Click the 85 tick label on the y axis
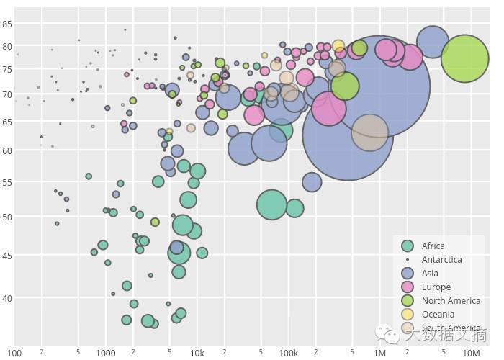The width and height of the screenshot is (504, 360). tap(7, 24)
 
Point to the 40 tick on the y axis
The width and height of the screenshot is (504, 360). tap(7, 298)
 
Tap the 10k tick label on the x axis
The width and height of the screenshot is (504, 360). tap(197, 353)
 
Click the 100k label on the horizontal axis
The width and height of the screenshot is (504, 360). tap(288, 353)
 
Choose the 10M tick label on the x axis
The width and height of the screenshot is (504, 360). tap(471, 353)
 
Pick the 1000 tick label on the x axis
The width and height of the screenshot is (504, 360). tap(106, 353)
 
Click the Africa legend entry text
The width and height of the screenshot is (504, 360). tap(433, 246)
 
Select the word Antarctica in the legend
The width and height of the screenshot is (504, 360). tap(442, 260)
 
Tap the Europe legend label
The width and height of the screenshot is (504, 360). tap(436, 287)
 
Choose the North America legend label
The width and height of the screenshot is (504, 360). tap(451, 301)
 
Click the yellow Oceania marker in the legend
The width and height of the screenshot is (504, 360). tap(408, 315)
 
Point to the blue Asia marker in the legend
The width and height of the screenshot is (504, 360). tap(408, 274)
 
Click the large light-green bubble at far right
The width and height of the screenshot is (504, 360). tap(466, 58)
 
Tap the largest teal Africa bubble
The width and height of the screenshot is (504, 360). tap(271, 204)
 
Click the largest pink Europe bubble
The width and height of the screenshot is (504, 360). tap(328, 110)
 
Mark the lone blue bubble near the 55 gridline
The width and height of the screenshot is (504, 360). tap(311, 182)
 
